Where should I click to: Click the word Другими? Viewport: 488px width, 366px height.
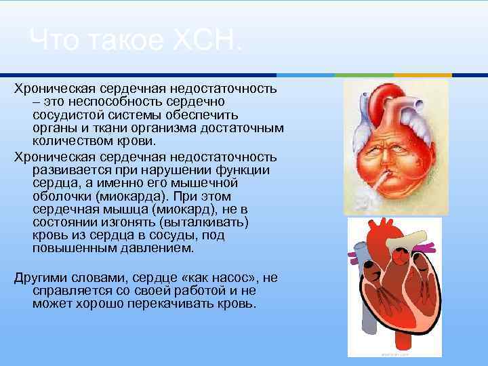pos(41,278)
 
